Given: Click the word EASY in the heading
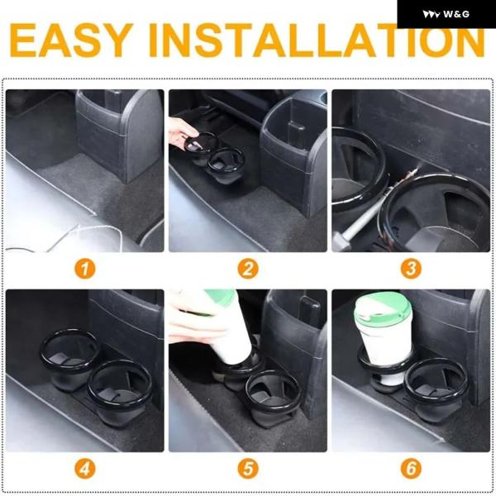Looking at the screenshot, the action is pyautogui.click(x=71, y=41).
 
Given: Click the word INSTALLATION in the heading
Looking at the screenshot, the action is pyautogui.click(x=317, y=41).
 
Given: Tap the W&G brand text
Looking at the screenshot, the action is pyautogui.click(x=456, y=14).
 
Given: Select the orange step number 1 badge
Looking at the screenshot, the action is pyautogui.click(x=85, y=269).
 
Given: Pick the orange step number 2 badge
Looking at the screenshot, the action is pyautogui.click(x=248, y=269).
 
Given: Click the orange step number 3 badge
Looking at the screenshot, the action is pyautogui.click(x=411, y=269).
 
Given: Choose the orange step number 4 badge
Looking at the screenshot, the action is pyautogui.click(x=85, y=469).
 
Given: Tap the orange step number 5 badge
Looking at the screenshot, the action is pyautogui.click(x=248, y=469).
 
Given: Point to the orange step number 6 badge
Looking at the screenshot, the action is pyautogui.click(x=411, y=469).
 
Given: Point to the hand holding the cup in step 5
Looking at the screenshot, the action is pyautogui.click(x=196, y=322).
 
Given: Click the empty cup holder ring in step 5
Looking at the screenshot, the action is pyautogui.click(x=274, y=391).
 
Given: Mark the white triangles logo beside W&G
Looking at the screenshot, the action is pyautogui.click(x=431, y=15).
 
